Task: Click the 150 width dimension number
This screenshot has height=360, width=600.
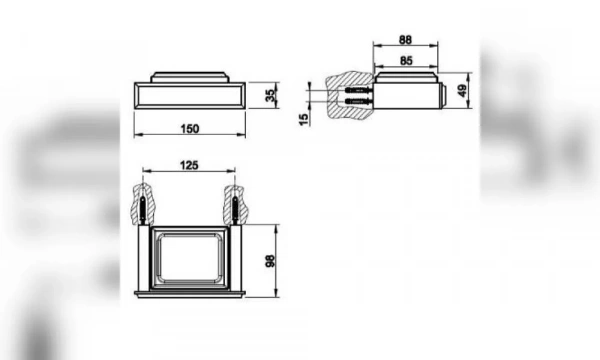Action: tap(190, 129)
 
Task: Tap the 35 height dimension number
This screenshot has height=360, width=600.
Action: tap(271, 96)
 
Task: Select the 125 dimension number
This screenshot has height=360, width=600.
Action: tap(189, 165)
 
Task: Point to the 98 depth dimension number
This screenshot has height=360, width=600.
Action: tap(270, 261)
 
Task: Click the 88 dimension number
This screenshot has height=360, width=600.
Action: tap(405, 40)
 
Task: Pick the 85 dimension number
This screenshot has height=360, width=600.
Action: tap(406, 60)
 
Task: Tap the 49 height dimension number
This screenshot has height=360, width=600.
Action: tap(462, 91)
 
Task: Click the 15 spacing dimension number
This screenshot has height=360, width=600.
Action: tap(303, 119)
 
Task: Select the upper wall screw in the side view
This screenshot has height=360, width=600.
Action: tap(359, 90)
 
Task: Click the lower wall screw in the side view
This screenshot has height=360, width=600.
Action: tap(359, 101)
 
